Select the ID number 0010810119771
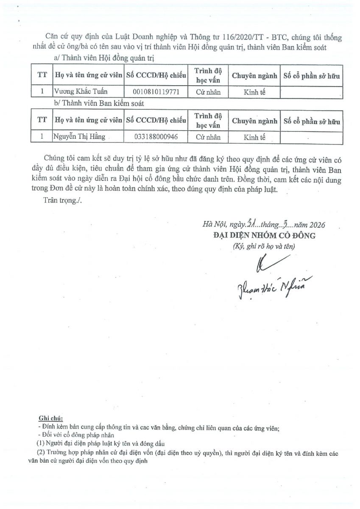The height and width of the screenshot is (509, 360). click(x=156, y=92)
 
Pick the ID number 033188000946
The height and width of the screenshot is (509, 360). click(x=156, y=137)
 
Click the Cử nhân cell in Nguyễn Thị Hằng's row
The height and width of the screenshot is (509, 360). click(x=208, y=137)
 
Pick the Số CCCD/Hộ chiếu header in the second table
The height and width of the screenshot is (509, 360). click(x=156, y=120)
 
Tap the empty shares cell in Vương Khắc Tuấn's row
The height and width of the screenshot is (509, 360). click(x=311, y=92)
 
